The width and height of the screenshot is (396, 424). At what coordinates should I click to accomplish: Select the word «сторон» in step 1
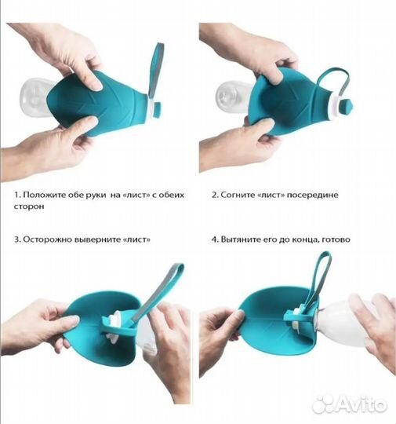29,207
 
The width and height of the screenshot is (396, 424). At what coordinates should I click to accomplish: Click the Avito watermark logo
350,404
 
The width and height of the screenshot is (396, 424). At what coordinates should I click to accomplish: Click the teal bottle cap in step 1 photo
157,108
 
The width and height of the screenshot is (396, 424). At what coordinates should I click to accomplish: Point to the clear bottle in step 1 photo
35,96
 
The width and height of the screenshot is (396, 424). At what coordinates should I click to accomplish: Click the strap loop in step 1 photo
155,71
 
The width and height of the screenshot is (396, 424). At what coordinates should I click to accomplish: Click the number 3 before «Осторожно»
16,239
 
